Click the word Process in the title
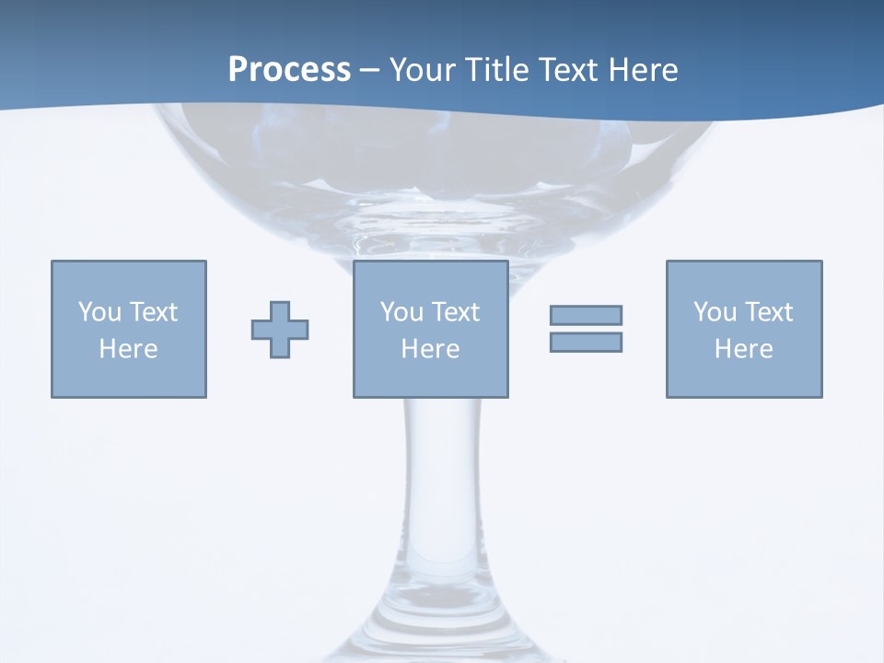(289, 70)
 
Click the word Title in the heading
(496, 70)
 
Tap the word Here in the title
(643, 70)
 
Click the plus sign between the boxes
(280, 330)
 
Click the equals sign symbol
(586, 329)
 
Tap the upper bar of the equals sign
(586, 316)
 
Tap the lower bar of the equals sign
(586, 342)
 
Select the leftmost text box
(129, 329)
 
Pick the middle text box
(431, 329)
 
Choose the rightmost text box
(744, 329)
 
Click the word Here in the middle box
(430, 349)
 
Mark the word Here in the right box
(743, 349)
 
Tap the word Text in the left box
(154, 312)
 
